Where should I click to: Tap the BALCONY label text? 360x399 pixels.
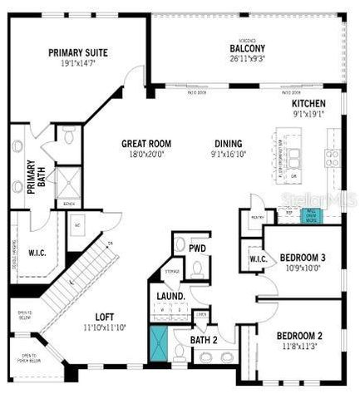(x=247, y=47)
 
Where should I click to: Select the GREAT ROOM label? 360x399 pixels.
(x=145, y=143)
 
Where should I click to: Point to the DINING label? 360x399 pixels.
(x=228, y=143)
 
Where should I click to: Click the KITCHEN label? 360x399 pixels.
(x=308, y=104)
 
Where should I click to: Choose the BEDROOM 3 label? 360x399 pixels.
(x=302, y=258)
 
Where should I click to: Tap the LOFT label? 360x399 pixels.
(x=105, y=317)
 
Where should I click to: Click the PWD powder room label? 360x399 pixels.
(x=198, y=248)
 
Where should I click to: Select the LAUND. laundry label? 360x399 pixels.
(x=170, y=296)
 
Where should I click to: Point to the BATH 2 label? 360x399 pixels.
(x=204, y=339)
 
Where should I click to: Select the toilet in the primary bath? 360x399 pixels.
(x=70, y=134)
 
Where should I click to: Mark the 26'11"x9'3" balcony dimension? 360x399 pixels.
(x=247, y=58)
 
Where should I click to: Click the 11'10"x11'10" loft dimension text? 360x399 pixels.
(x=105, y=328)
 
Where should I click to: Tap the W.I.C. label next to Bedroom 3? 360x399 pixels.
(x=257, y=259)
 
